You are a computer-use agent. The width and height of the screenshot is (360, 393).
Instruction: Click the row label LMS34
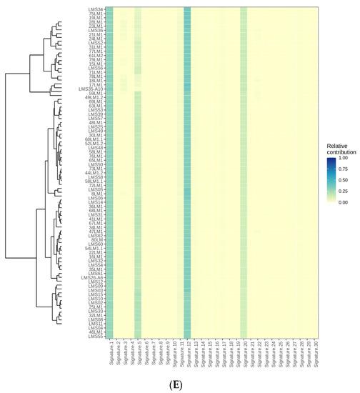coord(96,9)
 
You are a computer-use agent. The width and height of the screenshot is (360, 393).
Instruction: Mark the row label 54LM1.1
coord(94,248)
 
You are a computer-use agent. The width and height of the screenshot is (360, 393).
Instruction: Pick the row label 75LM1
coord(96,14)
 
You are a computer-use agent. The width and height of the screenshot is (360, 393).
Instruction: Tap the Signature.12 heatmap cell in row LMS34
coord(188,9)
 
